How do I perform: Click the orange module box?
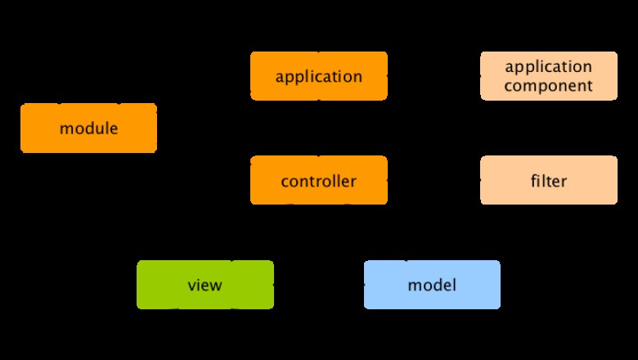tap(88, 128)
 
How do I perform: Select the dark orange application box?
tap(319, 77)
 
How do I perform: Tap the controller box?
tap(319, 181)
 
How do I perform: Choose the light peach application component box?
tap(549, 76)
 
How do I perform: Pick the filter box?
tap(549, 181)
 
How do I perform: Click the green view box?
tap(205, 285)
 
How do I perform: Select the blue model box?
tap(432, 285)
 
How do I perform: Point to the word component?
tap(549, 86)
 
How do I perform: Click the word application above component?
tap(549, 66)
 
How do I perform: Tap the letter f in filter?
tap(534, 180)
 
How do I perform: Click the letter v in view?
tap(192, 286)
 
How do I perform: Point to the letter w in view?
tap(216, 286)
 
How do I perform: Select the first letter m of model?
tap(414, 286)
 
